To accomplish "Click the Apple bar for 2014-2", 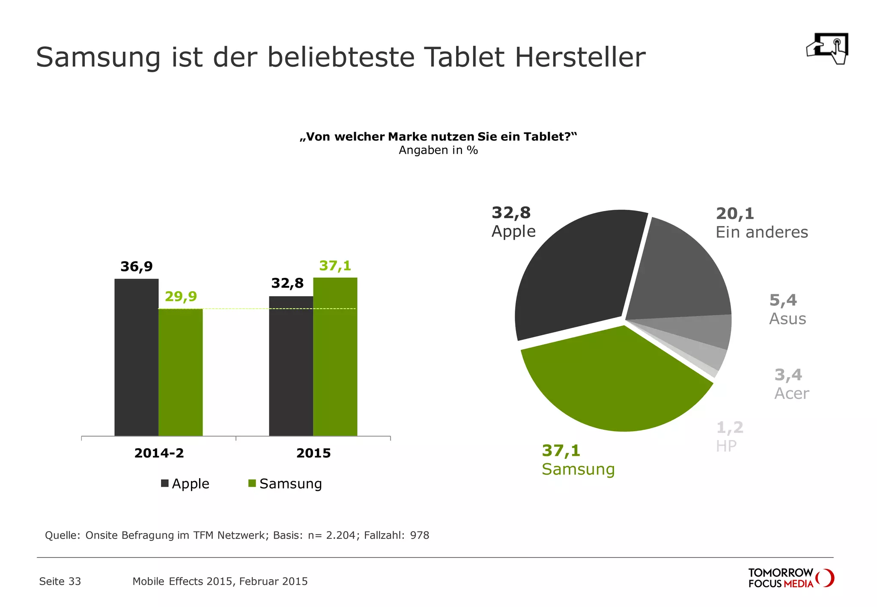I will (136, 357).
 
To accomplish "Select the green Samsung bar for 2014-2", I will (180, 372).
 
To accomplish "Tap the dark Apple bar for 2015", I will (291, 366).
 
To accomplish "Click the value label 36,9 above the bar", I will (136, 267).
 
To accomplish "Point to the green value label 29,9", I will (180, 296).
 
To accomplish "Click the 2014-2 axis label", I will (159, 453).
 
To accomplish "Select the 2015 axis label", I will (313, 453).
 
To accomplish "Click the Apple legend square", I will (165, 483).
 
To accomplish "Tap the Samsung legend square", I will (252, 483).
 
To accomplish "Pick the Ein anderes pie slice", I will (681, 274).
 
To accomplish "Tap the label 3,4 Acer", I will (791, 384).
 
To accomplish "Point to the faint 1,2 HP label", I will (729, 437).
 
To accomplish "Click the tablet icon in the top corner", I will (827, 48).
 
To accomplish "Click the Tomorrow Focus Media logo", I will (790, 578).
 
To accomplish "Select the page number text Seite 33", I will (60, 581).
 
